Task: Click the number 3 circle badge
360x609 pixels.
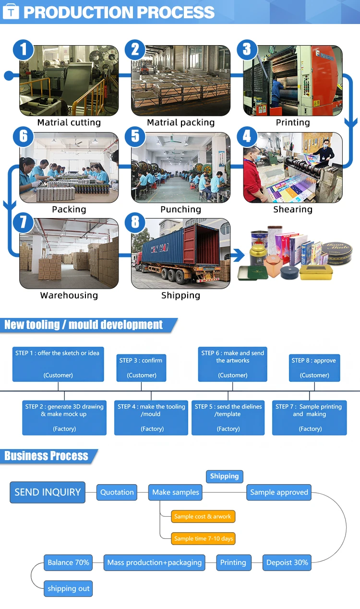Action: pos(247,49)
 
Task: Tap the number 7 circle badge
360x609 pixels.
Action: pos(23,222)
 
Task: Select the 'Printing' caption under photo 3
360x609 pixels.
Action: pos(293,122)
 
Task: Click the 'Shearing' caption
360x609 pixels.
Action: pos(293,209)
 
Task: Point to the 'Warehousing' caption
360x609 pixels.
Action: pos(69,295)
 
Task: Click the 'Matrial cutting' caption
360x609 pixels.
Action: pos(69,122)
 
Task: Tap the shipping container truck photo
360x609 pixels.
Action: pos(181,254)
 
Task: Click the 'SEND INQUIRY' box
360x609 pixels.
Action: pos(48,492)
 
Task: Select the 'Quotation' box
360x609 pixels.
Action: pos(117,492)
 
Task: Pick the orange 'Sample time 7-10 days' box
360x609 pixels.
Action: pos(204,538)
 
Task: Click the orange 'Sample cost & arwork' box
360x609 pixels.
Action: pos(203,516)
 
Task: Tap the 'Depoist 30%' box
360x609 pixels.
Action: pos(287,562)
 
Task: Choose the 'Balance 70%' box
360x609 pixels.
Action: pos(68,562)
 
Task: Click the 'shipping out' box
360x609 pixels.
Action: pos(68,588)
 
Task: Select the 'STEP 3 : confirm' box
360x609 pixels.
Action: pos(141,368)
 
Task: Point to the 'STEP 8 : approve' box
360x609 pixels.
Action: pos(314,368)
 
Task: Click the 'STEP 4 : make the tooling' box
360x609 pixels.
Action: pos(152,417)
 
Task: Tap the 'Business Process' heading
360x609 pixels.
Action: pos(47,456)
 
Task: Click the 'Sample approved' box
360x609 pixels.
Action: pos(279,492)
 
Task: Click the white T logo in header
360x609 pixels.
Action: pos(11,12)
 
